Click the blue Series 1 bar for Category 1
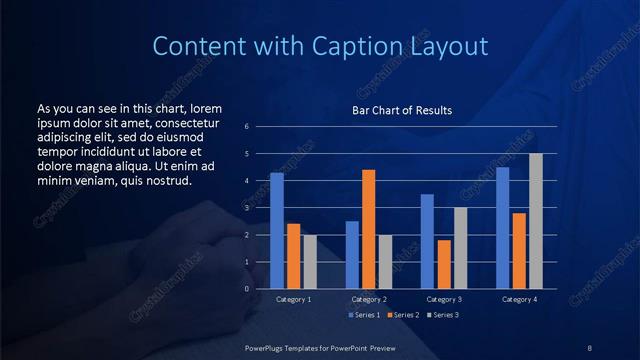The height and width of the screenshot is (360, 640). click(x=277, y=231)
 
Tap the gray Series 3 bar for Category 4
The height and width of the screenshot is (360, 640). click(x=536, y=221)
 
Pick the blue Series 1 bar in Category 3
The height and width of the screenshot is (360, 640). click(x=427, y=241)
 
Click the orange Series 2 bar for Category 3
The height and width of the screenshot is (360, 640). click(x=444, y=264)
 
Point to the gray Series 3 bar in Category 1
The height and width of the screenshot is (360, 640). click(x=310, y=262)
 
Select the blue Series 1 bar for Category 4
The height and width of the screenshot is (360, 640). click(x=502, y=228)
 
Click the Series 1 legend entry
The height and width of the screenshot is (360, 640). click(x=364, y=315)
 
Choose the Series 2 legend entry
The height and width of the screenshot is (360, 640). click(x=402, y=315)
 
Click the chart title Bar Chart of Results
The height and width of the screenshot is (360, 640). click(x=402, y=110)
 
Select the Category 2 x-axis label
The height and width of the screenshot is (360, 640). click(x=369, y=299)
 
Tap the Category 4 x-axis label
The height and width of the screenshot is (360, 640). click(x=519, y=299)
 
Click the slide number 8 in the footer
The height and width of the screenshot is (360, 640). click(x=590, y=347)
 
